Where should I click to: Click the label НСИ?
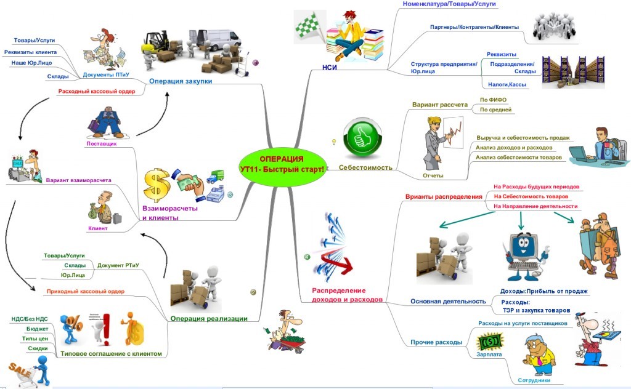tap(330, 67)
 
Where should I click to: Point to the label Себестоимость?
tap(365, 167)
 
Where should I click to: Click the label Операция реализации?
tap(209, 318)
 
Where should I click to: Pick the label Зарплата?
tap(489, 355)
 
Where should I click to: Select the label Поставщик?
tap(100, 143)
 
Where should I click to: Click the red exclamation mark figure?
tap(105, 330)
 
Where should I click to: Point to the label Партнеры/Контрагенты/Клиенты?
tap(474, 27)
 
